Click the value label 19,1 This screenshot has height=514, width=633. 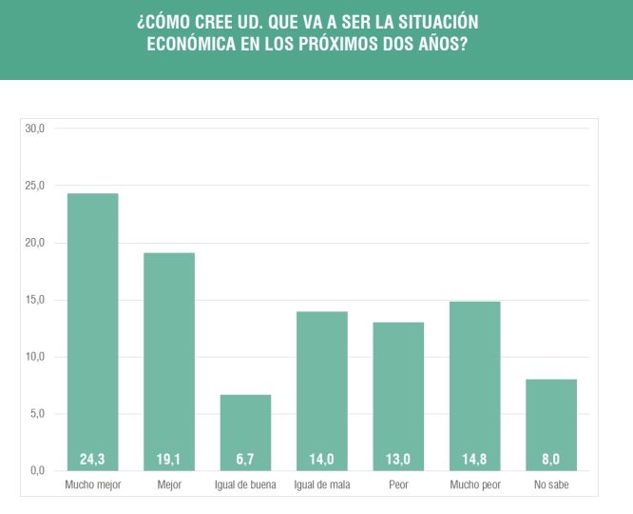point(169,460)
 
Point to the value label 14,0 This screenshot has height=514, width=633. point(321,460)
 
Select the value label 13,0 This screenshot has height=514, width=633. point(398,460)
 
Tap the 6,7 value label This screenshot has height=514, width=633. point(245,460)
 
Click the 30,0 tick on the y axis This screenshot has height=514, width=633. point(35,128)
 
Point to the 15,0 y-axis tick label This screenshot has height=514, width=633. point(35,300)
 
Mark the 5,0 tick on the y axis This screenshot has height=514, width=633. point(38,414)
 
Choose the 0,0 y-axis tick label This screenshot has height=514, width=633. point(38,471)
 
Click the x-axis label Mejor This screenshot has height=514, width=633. point(169,485)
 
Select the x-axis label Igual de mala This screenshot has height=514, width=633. point(321,485)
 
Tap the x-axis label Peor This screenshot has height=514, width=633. point(398,485)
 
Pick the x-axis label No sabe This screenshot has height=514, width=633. point(551,485)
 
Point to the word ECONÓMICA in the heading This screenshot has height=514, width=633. point(198,45)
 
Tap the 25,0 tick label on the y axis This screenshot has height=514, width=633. point(35,186)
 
